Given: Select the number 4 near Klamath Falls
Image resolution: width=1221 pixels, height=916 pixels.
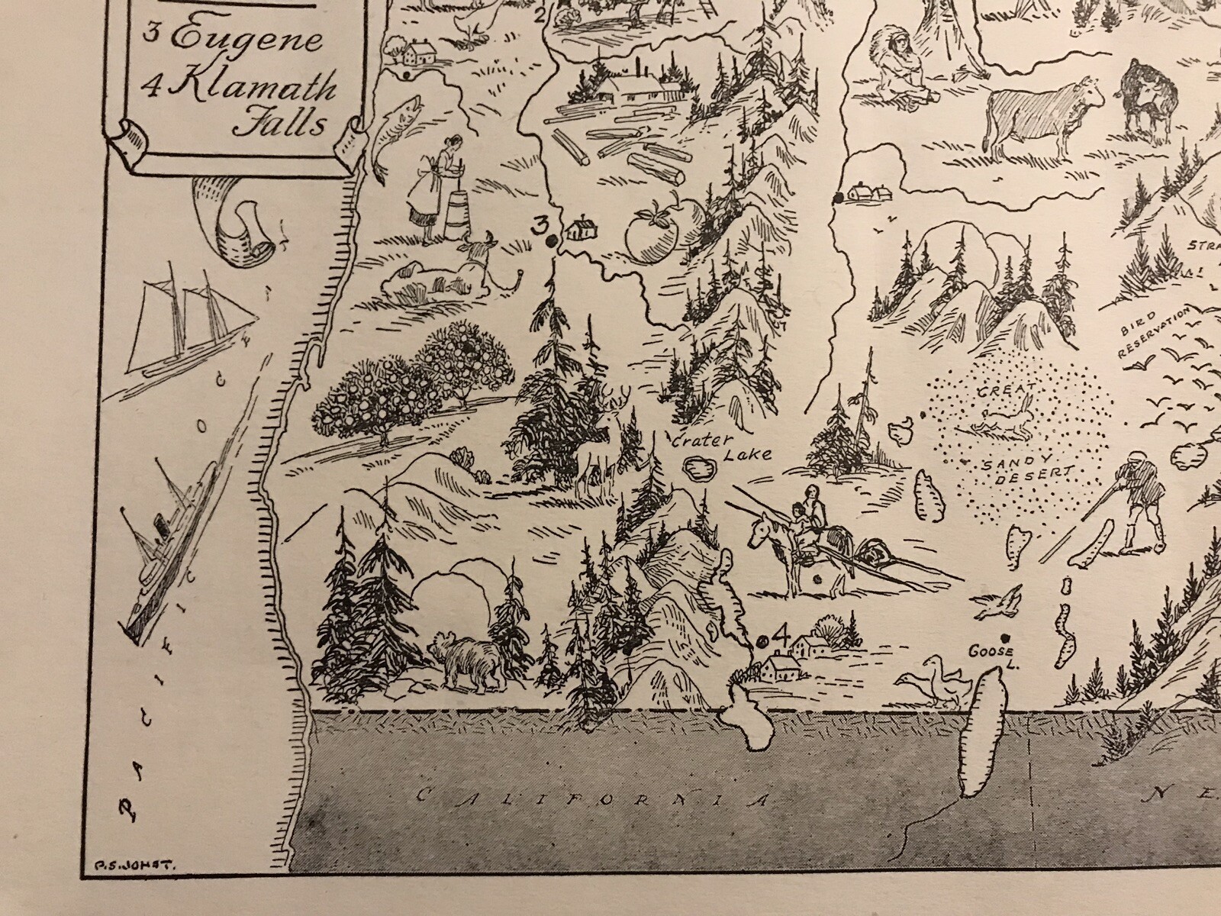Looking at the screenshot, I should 779,634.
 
